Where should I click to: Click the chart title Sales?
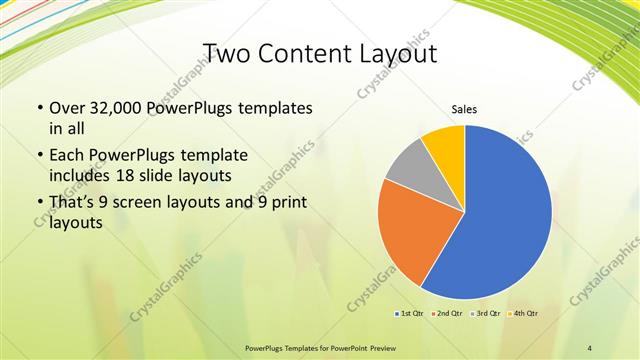point(464,109)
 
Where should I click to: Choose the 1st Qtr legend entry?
point(410,314)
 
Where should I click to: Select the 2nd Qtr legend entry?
point(446,314)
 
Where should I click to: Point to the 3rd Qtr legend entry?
point(484,314)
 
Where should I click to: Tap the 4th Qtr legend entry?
point(521,314)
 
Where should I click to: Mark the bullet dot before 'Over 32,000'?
point(38,107)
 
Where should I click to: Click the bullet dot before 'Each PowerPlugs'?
point(38,156)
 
